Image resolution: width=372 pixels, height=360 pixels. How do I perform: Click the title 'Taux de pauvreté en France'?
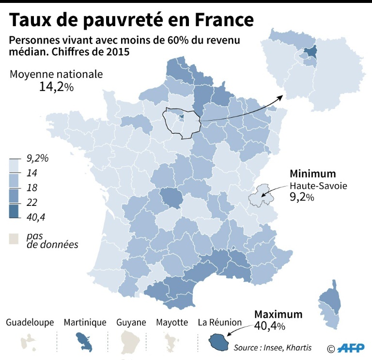(x=131, y=20)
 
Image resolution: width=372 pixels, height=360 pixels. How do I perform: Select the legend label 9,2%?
(x=38, y=158)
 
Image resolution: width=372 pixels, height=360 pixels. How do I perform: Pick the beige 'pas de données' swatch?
(x=15, y=238)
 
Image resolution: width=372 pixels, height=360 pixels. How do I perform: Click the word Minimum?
(x=312, y=174)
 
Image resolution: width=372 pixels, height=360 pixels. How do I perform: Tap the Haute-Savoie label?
(x=318, y=186)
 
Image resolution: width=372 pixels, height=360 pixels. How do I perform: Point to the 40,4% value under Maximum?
(x=269, y=326)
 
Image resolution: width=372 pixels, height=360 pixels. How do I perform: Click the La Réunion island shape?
(x=218, y=343)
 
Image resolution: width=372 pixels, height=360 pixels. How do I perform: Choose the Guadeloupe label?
(x=30, y=322)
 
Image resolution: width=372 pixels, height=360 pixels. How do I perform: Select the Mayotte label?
(x=172, y=322)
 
